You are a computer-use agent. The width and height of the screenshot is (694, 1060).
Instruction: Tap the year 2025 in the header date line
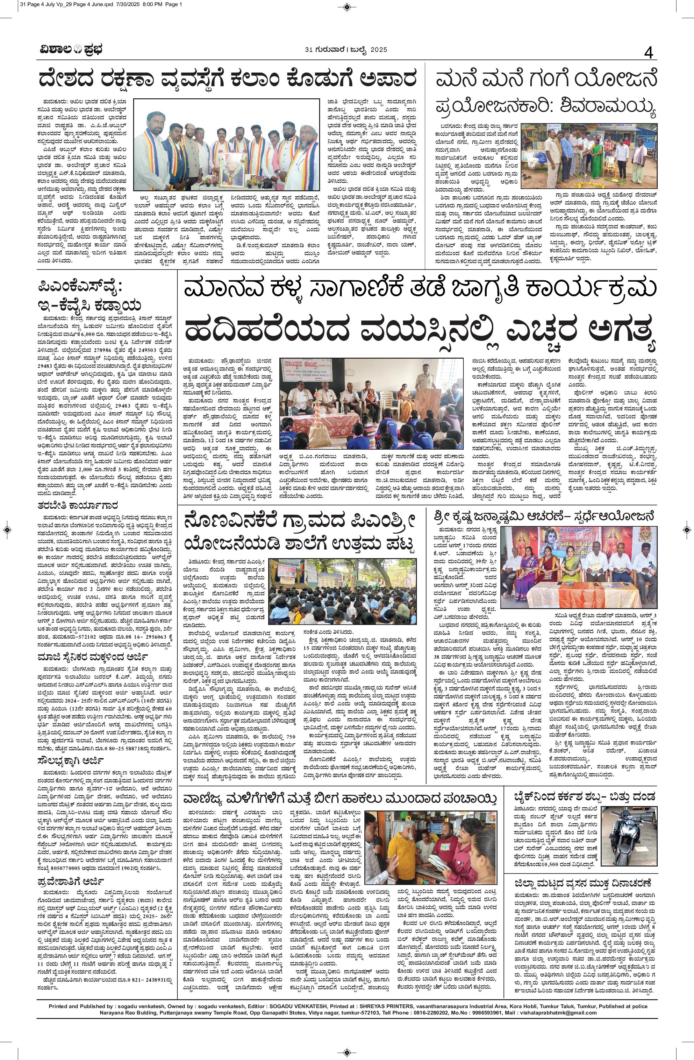click(x=378, y=49)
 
